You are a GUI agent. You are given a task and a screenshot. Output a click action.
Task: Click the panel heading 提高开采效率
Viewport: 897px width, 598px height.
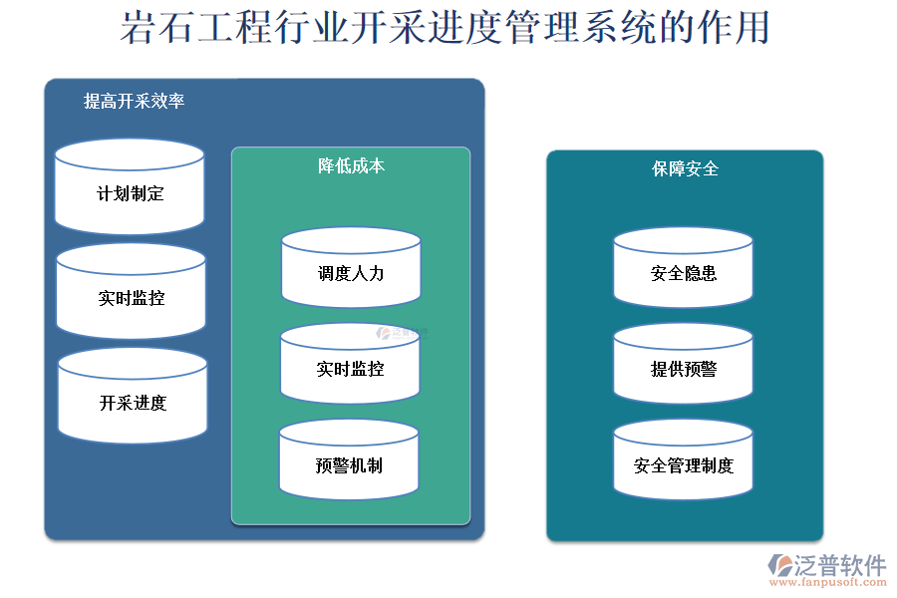click(x=135, y=101)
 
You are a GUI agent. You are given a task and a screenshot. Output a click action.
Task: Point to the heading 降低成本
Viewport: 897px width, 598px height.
click(x=351, y=165)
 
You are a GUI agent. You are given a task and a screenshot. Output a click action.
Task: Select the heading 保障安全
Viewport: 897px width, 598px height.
click(x=685, y=168)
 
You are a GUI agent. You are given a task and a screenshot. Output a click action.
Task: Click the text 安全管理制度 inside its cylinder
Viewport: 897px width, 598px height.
click(x=683, y=465)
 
